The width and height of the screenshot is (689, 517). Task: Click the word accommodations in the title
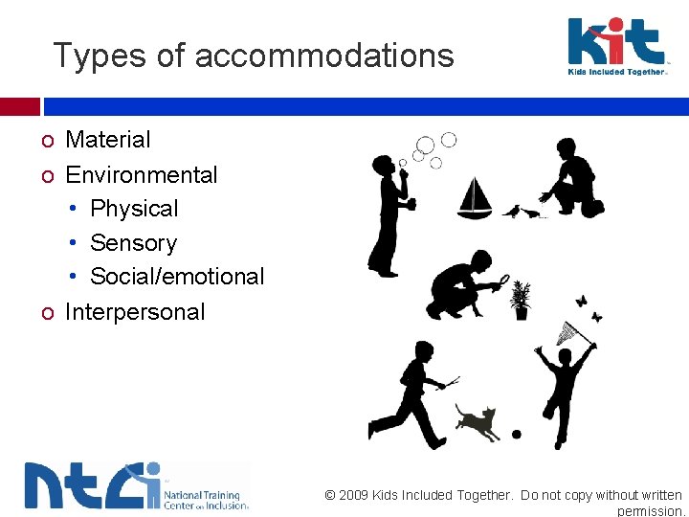pyautogui.click(x=324, y=56)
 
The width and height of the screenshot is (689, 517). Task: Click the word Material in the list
pyautogui.click(x=107, y=140)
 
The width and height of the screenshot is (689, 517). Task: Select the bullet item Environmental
pyautogui.click(x=141, y=175)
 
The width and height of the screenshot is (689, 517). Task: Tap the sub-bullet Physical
pyautogui.click(x=134, y=209)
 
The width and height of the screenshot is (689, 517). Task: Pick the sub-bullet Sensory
pyautogui.click(x=133, y=243)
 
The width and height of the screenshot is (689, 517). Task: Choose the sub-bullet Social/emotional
pyautogui.click(x=177, y=277)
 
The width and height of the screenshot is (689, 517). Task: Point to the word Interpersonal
pyautogui.click(x=134, y=312)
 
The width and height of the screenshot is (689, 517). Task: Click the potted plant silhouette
pyautogui.click(x=521, y=301)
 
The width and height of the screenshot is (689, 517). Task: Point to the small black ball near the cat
pyautogui.click(x=517, y=435)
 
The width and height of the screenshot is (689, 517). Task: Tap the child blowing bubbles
pyautogui.click(x=390, y=215)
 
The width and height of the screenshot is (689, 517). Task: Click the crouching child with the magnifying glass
pyautogui.click(x=464, y=285)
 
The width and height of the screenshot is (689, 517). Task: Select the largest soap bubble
pyautogui.click(x=426, y=146)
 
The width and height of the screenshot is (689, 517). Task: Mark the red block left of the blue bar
pyautogui.click(x=19, y=106)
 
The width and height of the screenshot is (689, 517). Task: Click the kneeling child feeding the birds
pyautogui.click(x=571, y=178)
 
